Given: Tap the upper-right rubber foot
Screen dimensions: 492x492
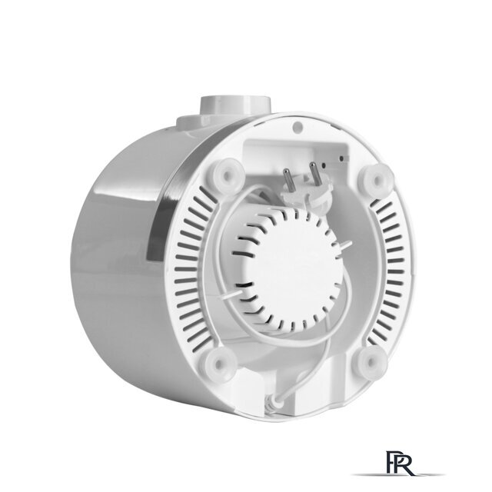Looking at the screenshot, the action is [x=377, y=178].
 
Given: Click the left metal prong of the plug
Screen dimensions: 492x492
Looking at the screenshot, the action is [x=288, y=180].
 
